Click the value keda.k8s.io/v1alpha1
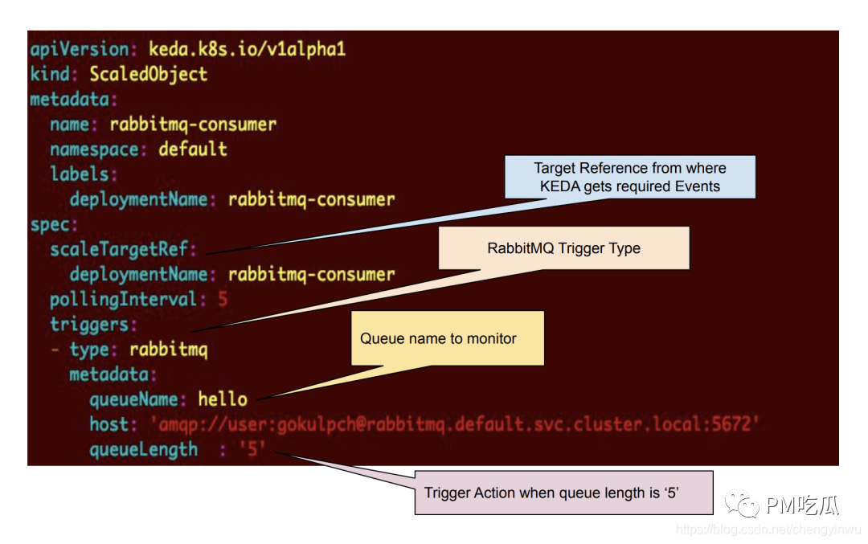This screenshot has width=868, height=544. [x=247, y=49]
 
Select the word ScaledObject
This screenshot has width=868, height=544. [x=149, y=74]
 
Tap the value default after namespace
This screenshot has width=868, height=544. [x=193, y=149]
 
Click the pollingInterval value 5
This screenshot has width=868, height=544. [x=223, y=300]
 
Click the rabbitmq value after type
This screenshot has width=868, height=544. [x=169, y=350]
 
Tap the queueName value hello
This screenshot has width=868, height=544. [x=223, y=399]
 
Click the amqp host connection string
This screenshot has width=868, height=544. [x=454, y=424]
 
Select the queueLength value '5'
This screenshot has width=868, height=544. [x=252, y=449]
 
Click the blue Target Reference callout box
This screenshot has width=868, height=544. [x=630, y=177]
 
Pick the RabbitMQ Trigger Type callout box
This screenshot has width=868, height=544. [x=564, y=248]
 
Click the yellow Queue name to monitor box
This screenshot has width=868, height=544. [x=448, y=338]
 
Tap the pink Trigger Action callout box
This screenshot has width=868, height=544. [x=564, y=493]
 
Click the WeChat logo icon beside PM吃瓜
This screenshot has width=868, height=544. [x=742, y=504]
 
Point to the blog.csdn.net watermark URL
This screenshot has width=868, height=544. [x=768, y=530]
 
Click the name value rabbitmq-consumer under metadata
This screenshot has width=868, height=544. [x=193, y=125]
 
